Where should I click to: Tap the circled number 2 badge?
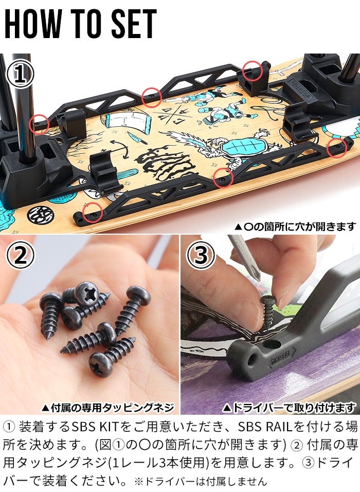pos(20,256)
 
